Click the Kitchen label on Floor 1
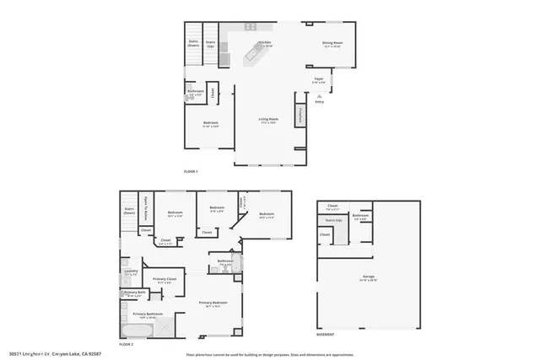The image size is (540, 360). tap(264, 44)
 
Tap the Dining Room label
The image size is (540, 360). tap(332, 44)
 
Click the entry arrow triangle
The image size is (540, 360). tap(319, 96)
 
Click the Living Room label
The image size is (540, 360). tap(267, 121)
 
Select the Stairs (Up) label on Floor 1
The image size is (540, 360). tap(210, 42)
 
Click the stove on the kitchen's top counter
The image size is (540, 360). tap(251, 27)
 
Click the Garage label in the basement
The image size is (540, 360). tap(369, 277)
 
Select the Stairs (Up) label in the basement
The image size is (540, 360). tap(332, 220)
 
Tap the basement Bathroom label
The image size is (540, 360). tap(361, 217)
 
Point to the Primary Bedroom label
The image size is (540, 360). tap(213, 303)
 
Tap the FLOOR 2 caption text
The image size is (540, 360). tap(127, 345)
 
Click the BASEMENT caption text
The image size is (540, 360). tap(325, 334)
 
